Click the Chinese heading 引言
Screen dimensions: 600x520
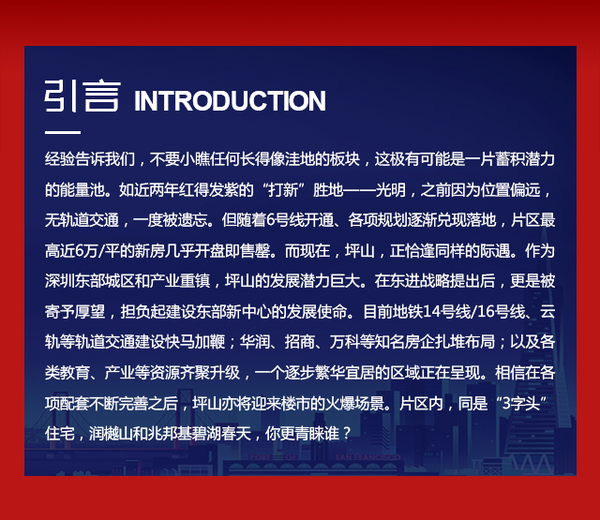tap(82, 96)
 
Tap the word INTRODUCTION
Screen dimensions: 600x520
tap(230, 101)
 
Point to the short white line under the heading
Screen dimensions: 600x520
tap(63, 133)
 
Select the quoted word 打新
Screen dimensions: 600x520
tap(283, 189)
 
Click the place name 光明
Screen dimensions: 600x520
tap(390, 189)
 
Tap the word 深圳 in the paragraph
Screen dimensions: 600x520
tap(60, 281)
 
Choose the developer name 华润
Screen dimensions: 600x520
tap(255, 342)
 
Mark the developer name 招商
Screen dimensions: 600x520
tap(300, 342)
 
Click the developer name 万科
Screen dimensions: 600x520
tap(344, 342)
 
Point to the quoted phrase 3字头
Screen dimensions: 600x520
tap(521, 403)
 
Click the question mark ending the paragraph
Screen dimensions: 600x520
tap(346, 434)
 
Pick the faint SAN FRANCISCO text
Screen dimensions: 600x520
tap(367, 457)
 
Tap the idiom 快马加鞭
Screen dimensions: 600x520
tap(195, 342)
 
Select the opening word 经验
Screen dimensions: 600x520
tap(60, 159)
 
